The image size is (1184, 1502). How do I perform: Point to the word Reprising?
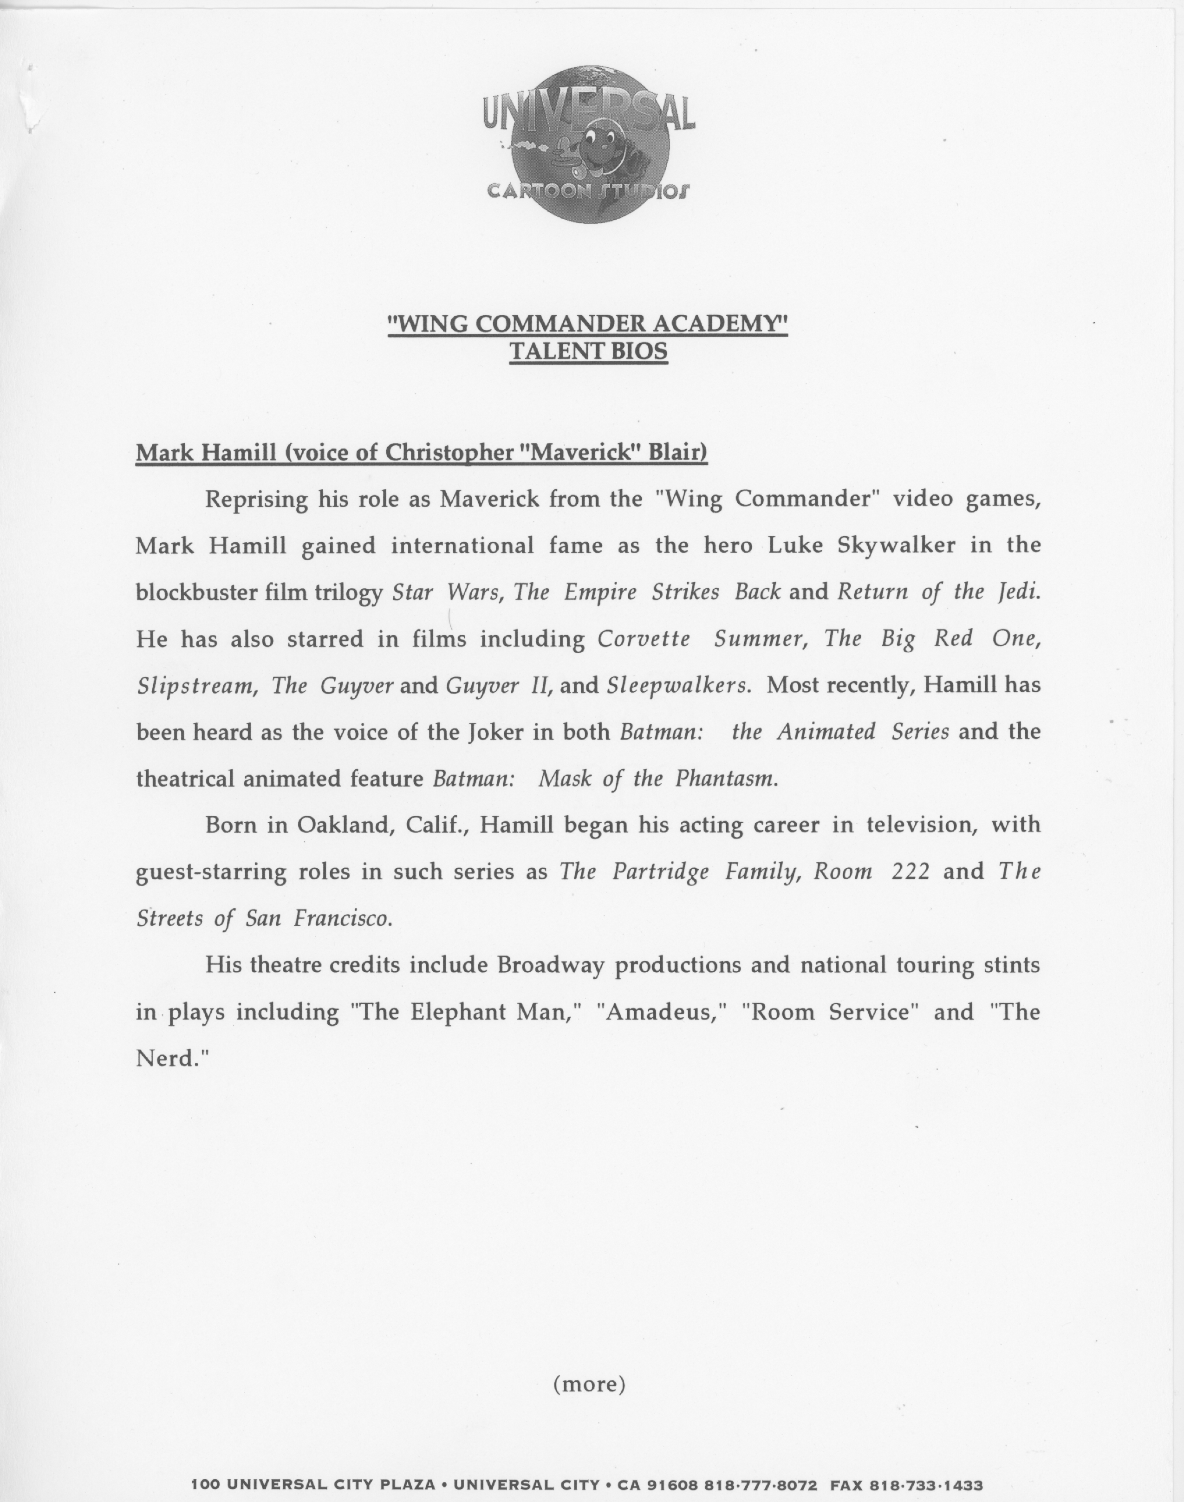(x=256, y=500)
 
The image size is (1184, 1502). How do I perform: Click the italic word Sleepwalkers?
(x=678, y=685)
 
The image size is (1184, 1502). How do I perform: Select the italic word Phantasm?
(x=727, y=779)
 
